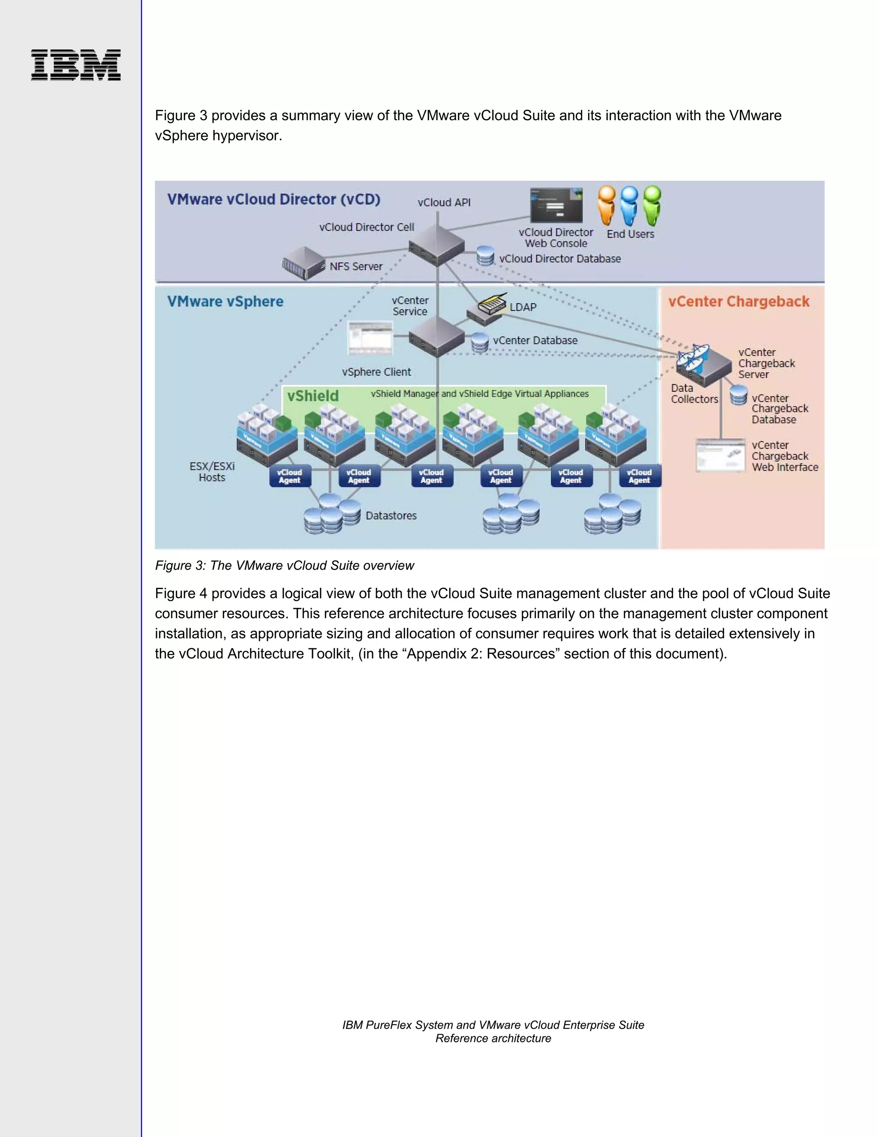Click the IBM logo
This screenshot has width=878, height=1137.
pyautogui.click(x=76, y=65)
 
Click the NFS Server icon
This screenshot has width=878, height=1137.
pyautogui.click(x=303, y=263)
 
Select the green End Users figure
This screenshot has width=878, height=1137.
pyautogui.click(x=652, y=205)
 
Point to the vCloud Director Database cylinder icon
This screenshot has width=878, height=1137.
pyautogui.click(x=485, y=256)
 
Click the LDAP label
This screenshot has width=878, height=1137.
pyautogui.click(x=523, y=307)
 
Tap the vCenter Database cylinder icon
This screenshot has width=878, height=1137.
pyautogui.click(x=480, y=342)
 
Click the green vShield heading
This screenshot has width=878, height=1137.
pyautogui.click(x=313, y=396)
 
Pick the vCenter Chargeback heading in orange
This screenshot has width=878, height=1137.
pyautogui.click(x=739, y=302)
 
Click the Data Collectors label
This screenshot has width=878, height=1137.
pyautogui.click(x=694, y=393)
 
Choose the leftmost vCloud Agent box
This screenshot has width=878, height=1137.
pyautogui.click(x=290, y=476)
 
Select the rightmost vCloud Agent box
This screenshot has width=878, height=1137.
pyautogui.click(x=639, y=476)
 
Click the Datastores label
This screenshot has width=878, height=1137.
pyautogui.click(x=391, y=515)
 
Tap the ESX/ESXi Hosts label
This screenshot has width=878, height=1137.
pyautogui.click(x=212, y=472)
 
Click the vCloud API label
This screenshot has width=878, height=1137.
pyautogui.click(x=444, y=203)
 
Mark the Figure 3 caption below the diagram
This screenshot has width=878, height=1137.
pyautogui.click(x=285, y=565)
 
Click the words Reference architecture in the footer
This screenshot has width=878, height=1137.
pyautogui.click(x=493, y=1038)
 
